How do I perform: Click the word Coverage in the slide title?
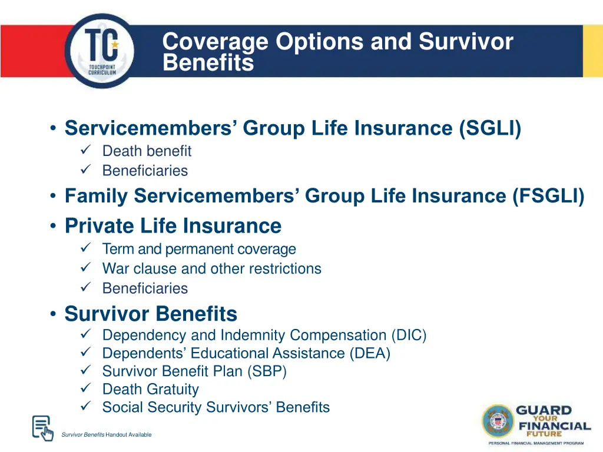tap(216, 42)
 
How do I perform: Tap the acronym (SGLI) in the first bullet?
tap(491, 128)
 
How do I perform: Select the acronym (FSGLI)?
tap(548, 195)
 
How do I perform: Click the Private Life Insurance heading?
tap(173, 225)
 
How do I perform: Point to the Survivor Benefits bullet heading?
tap(151, 314)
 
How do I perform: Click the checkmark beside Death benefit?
tap(84, 151)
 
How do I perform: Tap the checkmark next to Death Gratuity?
tap(84, 389)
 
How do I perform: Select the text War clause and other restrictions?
tap(211, 269)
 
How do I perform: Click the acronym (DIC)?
tap(408, 335)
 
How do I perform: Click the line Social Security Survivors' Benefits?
tap(216, 407)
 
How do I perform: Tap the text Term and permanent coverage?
tap(198, 250)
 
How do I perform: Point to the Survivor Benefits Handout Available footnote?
tap(106, 435)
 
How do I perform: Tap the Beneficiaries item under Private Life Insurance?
tap(145, 288)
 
